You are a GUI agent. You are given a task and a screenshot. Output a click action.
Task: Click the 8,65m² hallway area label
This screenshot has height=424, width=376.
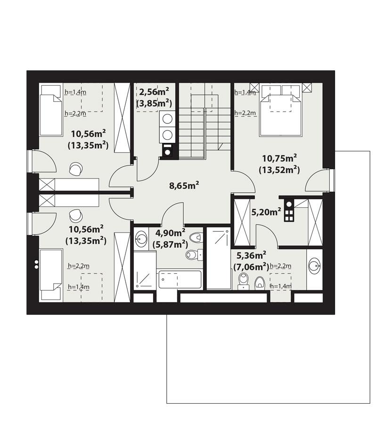184,185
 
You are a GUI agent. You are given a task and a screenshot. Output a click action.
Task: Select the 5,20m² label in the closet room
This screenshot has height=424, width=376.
267,212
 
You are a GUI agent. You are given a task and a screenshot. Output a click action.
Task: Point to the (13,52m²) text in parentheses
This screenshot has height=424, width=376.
279,169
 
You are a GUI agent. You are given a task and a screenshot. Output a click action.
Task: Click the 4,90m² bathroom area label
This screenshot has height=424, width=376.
171,233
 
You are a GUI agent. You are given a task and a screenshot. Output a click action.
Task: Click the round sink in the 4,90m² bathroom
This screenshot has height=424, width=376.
141,238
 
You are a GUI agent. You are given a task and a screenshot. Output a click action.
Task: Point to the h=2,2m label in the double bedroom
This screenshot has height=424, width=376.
245,113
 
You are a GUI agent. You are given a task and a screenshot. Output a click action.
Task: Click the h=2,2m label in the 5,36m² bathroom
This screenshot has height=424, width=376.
280,266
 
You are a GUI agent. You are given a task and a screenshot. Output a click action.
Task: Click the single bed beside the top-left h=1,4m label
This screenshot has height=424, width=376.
50,108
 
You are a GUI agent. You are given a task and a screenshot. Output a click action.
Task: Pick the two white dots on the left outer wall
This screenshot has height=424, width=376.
35,264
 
